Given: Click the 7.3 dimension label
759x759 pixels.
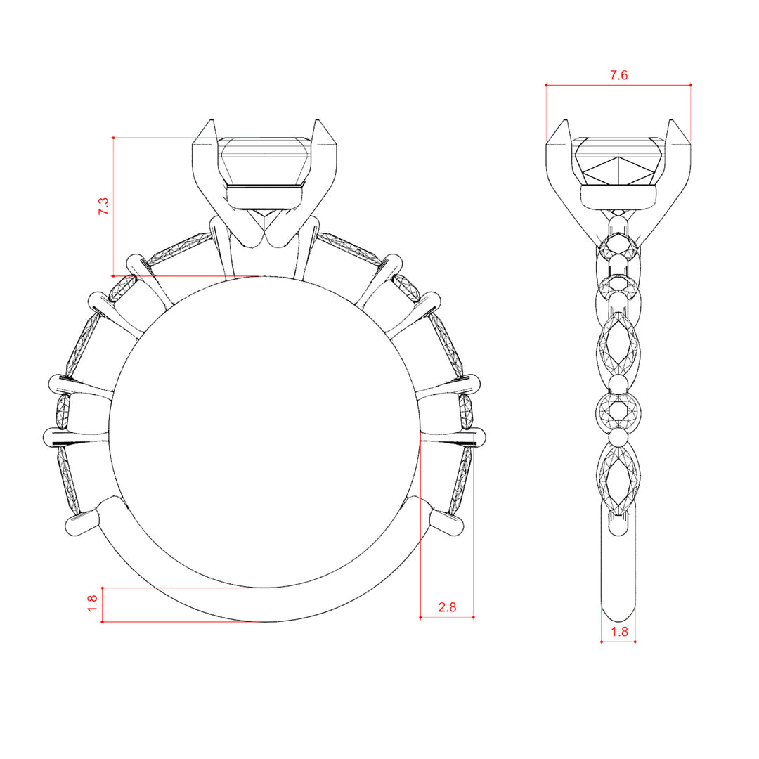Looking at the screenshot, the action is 103,206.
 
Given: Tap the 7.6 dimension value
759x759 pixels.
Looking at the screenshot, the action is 618,75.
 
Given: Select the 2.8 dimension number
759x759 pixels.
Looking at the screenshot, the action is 447,607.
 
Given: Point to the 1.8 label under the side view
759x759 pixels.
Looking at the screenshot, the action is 619,632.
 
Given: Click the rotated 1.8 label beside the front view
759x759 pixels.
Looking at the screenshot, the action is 93,603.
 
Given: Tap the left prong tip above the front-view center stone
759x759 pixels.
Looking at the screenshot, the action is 211,119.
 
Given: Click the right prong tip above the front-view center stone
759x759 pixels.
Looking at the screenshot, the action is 318,119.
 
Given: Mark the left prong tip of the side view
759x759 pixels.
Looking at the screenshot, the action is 565,119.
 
